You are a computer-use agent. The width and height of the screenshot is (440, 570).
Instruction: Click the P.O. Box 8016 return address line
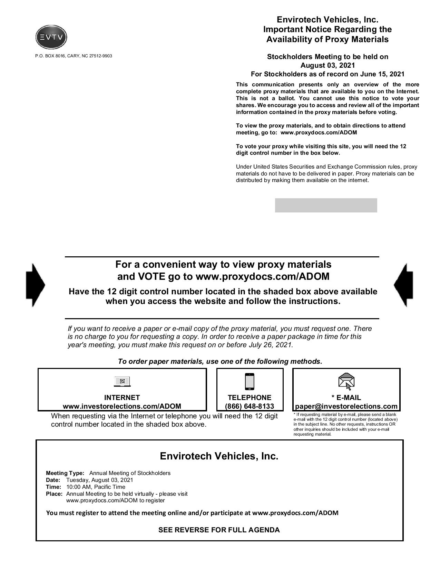coord(74,56)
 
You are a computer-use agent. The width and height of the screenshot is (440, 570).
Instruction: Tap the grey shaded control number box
coord(326,205)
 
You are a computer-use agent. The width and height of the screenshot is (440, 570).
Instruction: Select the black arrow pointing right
coord(35,285)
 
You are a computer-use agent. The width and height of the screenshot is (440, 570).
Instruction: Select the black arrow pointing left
coord(403,285)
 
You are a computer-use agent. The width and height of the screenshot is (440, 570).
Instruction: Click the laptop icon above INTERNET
coord(122,381)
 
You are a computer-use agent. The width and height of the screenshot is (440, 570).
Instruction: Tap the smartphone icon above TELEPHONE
coord(249,381)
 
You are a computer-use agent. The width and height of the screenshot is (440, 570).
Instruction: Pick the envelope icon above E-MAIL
coord(346,381)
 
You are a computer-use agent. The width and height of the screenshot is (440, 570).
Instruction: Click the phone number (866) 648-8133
coord(250,406)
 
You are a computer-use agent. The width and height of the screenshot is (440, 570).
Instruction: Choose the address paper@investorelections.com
coord(346,406)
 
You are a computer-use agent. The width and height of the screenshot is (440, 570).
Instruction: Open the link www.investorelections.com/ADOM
coord(122,406)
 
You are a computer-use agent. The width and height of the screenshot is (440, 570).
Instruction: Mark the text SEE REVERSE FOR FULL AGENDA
coord(219,530)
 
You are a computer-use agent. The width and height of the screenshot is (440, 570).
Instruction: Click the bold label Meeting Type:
coord(65,473)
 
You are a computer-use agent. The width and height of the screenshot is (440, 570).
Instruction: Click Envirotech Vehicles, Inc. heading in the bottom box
coord(219,456)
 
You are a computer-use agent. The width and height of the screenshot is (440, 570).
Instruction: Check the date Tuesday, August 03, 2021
coord(99,480)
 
